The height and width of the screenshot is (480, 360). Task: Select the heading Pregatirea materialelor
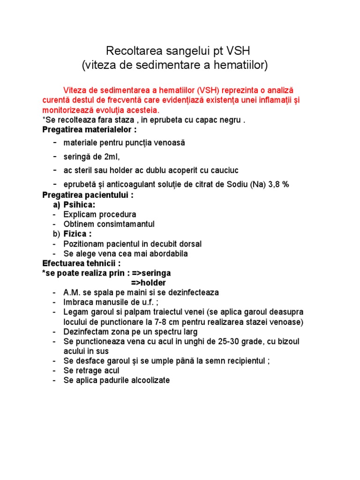point(90,129)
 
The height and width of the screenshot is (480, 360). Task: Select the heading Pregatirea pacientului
point(88,195)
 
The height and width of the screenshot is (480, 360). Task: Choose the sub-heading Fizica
point(77,234)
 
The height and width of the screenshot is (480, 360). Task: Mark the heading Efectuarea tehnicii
point(82,263)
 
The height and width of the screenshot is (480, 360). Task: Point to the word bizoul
point(288,341)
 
